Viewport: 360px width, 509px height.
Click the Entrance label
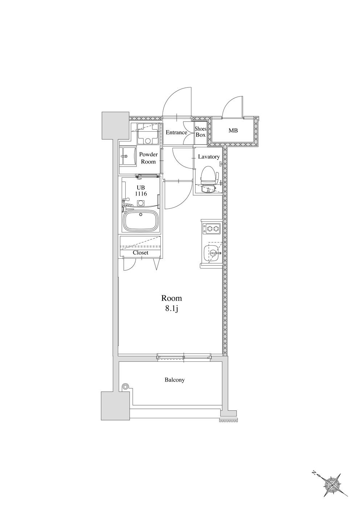point(176,132)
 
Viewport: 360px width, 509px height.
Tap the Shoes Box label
point(201,132)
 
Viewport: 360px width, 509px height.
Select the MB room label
point(233,131)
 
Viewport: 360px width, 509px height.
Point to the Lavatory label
point(209,157)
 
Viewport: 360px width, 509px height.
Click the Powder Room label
point(148,158)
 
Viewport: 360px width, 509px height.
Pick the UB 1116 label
point(142,190)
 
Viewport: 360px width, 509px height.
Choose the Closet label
point(140,253)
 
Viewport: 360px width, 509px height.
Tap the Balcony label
point(175,379)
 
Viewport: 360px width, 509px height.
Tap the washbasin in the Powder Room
point(127,157)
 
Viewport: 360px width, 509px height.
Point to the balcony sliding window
point(184,357)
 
